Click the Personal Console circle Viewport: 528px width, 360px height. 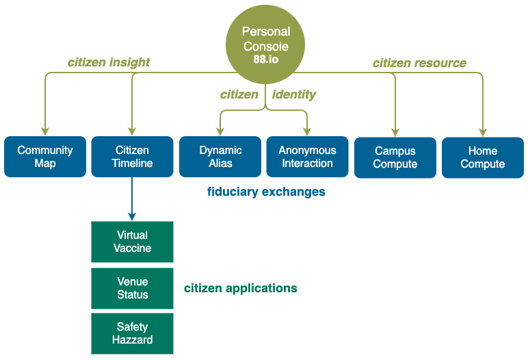265,44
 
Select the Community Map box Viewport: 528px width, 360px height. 45,157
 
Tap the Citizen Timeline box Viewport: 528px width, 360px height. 132,157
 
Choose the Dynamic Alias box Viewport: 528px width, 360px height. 220,157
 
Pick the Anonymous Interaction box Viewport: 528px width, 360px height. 308,157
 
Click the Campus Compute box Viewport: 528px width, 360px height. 395,157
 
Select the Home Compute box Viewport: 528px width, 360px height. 483,157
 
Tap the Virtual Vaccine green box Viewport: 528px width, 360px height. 132,242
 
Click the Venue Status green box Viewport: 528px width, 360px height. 132,288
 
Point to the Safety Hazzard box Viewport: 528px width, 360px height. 132,333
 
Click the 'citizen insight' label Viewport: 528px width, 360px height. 109,63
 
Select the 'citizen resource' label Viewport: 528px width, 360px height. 419,63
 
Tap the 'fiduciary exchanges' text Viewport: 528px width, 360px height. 266,192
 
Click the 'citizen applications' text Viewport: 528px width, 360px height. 241,289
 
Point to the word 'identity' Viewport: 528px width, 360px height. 294,94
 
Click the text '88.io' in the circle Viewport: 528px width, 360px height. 266,60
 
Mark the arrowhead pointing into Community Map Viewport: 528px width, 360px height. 45,132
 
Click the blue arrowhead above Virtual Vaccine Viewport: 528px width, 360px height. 132,217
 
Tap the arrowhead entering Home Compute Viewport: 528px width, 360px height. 483,133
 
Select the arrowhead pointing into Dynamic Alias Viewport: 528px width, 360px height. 220,132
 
